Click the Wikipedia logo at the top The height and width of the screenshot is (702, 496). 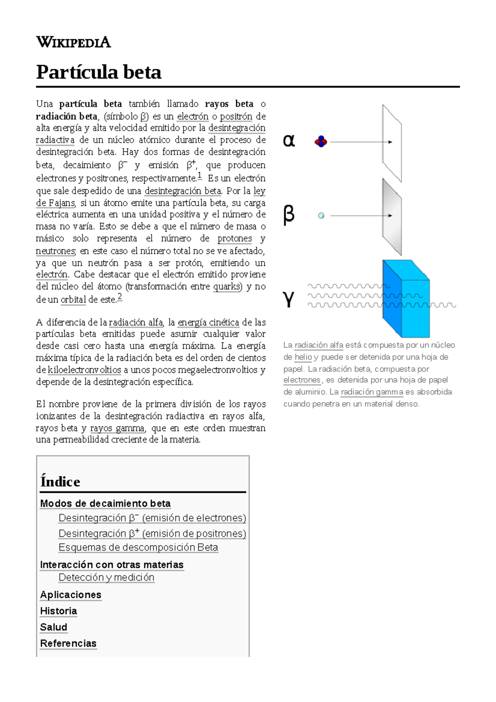74,42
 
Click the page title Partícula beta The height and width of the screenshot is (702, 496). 99,72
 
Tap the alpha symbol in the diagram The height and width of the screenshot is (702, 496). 289,141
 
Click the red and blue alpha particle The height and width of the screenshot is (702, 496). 321,142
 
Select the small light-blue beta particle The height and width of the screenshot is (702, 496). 321,215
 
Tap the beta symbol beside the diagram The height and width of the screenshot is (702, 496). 289,215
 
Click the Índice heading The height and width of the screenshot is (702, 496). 60,482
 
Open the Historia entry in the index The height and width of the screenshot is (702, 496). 59,611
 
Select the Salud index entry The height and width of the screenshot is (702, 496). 54,627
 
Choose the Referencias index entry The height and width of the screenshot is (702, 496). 68,643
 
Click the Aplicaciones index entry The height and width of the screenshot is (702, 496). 71,595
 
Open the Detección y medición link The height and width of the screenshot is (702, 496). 106,577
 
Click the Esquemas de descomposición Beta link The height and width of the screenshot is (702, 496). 138,547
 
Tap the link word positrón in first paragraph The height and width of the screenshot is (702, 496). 236,116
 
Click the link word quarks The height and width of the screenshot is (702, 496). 227,287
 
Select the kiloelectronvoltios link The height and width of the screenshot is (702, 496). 84,370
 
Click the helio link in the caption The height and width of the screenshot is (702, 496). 303,357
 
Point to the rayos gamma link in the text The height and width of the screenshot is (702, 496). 117,428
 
